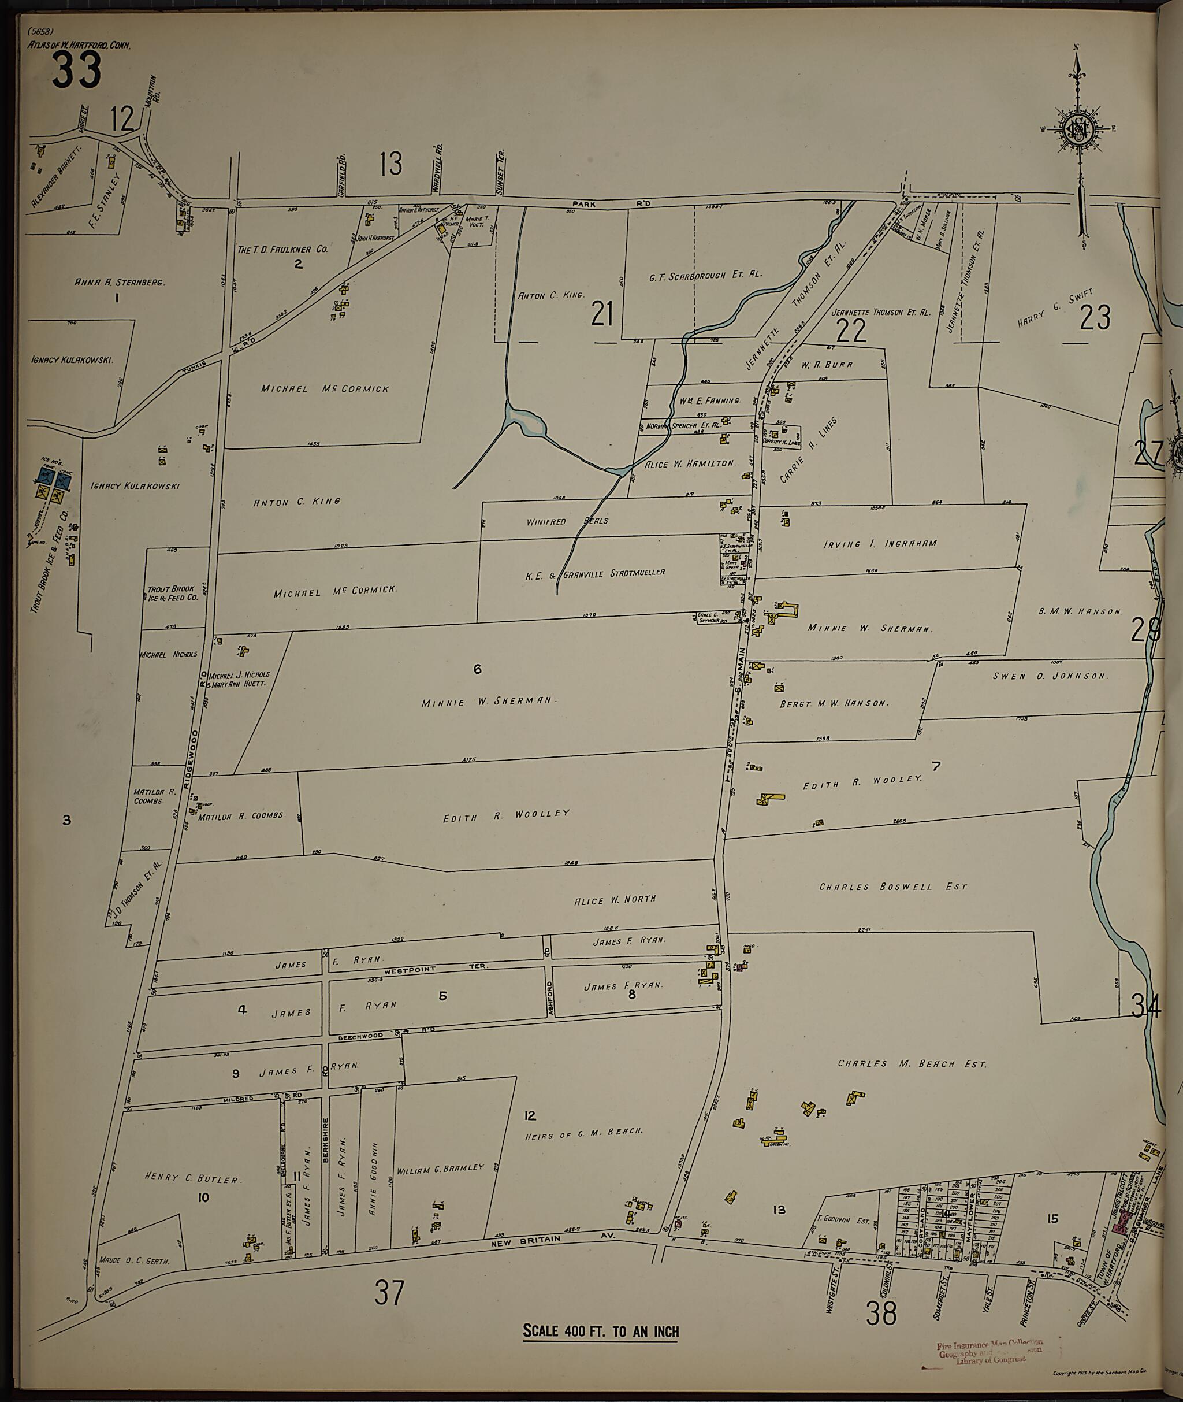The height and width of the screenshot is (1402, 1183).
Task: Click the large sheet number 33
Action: click(76, 70)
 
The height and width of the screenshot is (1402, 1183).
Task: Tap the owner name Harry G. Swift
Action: click(1055, 307)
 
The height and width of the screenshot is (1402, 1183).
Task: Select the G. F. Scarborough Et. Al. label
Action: click(705, 275)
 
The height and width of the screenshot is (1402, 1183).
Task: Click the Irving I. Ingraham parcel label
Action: click(880, 543)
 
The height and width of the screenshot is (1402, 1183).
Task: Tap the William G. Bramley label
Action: click(440, 1168)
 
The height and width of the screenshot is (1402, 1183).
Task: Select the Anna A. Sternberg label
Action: click(120, 283)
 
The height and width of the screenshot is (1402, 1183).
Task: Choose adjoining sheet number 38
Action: click(880, 1314)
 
